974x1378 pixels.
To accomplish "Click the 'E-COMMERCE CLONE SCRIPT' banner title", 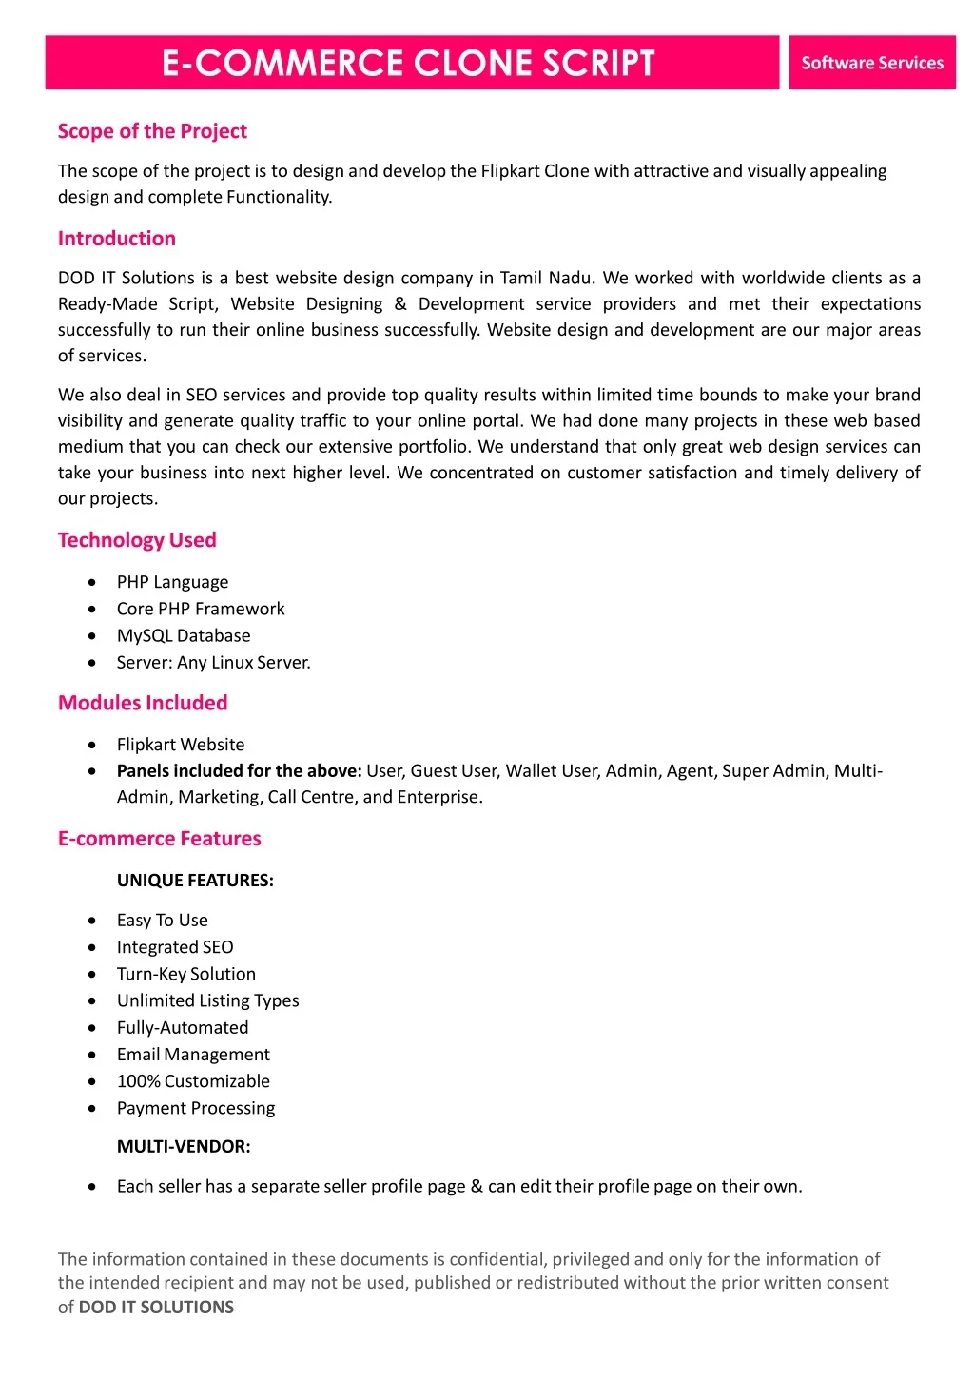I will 408,63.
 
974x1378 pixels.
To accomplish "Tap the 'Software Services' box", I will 871,63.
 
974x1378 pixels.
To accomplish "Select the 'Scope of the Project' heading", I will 152,131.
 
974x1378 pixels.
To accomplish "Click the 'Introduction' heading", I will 117,239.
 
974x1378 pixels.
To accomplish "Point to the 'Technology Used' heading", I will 137,540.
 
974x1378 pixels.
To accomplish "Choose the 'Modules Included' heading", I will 143,703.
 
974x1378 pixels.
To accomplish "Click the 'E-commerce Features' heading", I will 159,839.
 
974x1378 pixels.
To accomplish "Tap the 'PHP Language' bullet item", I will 172,582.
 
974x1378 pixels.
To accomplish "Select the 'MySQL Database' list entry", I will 184,635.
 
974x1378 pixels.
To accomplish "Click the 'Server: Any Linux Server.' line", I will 213,662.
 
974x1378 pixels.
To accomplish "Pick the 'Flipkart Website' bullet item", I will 181,745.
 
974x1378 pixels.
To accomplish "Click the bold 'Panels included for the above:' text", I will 239,771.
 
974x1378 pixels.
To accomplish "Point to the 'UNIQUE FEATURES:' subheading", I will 195,881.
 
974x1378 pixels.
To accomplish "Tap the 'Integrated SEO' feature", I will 175,947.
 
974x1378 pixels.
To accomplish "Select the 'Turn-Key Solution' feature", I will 186,974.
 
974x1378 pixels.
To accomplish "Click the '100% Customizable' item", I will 193,1081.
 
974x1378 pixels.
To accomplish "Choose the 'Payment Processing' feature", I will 196,1108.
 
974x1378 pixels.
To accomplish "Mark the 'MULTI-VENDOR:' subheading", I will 184,1147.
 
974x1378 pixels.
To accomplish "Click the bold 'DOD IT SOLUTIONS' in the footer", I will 156,1308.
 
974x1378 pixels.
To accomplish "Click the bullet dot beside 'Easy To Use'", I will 91,921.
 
